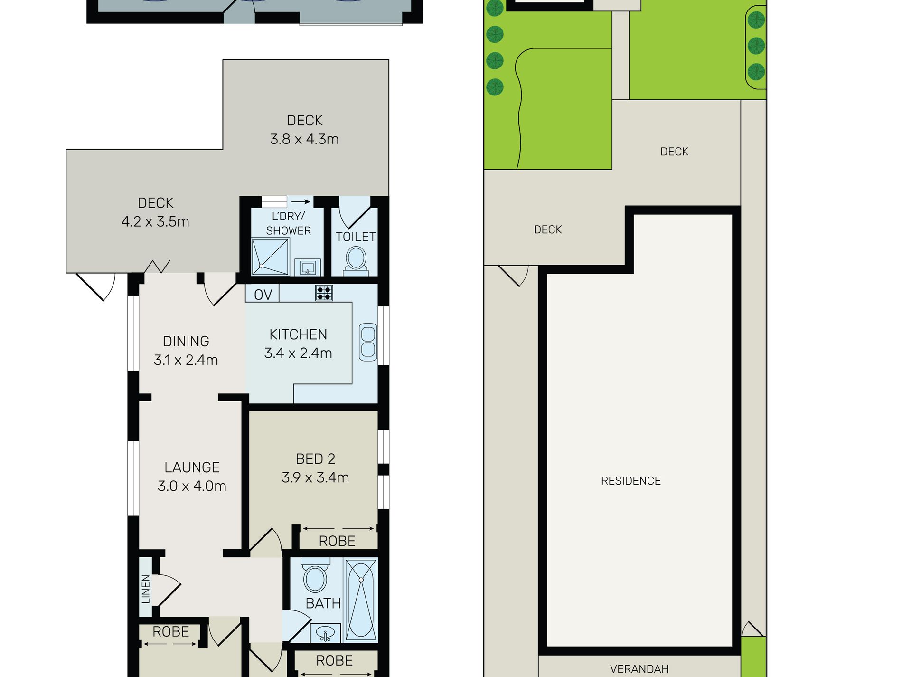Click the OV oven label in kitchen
point(263,295)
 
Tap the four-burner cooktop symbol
point(324,293)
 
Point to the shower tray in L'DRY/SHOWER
point(270,257)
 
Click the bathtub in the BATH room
point(361,600)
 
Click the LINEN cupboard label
point(146,589)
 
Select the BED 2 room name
point(315,459)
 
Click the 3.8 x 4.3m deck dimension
point(304,139)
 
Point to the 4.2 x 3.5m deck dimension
point(155,221)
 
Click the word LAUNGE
point(192,467)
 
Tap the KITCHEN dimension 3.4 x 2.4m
point(298,353)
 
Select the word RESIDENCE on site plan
point(630,481)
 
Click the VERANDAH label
point(639,669)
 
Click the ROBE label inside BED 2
point(337,541)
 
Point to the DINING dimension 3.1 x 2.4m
point(186,360)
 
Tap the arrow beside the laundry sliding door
point(301,202)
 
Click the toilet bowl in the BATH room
point(315,578)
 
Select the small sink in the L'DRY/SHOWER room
point(308,267)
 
